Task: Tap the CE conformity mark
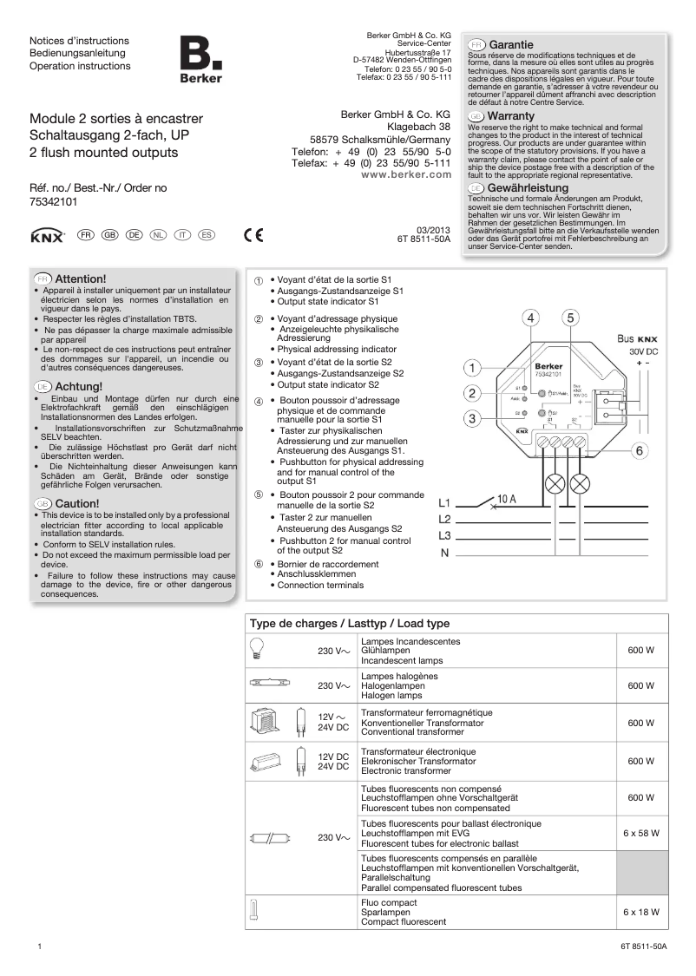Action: click(253, 234)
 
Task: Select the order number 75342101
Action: click(54, 201)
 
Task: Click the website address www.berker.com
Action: click(406, 174)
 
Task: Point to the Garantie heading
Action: click(511, 43)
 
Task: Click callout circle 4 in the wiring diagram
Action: click(531, 318)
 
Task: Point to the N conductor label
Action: click(444, 554)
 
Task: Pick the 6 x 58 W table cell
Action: click(641, 833)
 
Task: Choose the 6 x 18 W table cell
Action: click(641, 912)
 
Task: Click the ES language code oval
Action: click(207, 235)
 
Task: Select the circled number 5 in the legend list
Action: click(258, 495)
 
